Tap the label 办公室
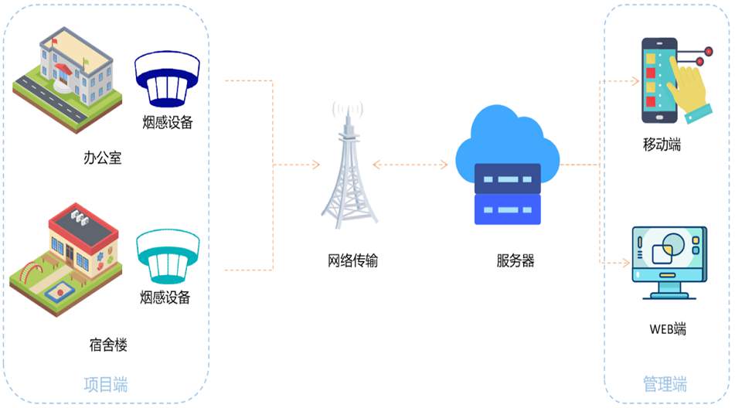[103, 158]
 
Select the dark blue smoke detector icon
[167, 80]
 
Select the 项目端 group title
[106, 384]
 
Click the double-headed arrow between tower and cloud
[410, 165]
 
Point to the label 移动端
[662, 144]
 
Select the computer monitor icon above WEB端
[669, 261]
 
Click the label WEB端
[667, 328]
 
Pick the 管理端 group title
[665, 384]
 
